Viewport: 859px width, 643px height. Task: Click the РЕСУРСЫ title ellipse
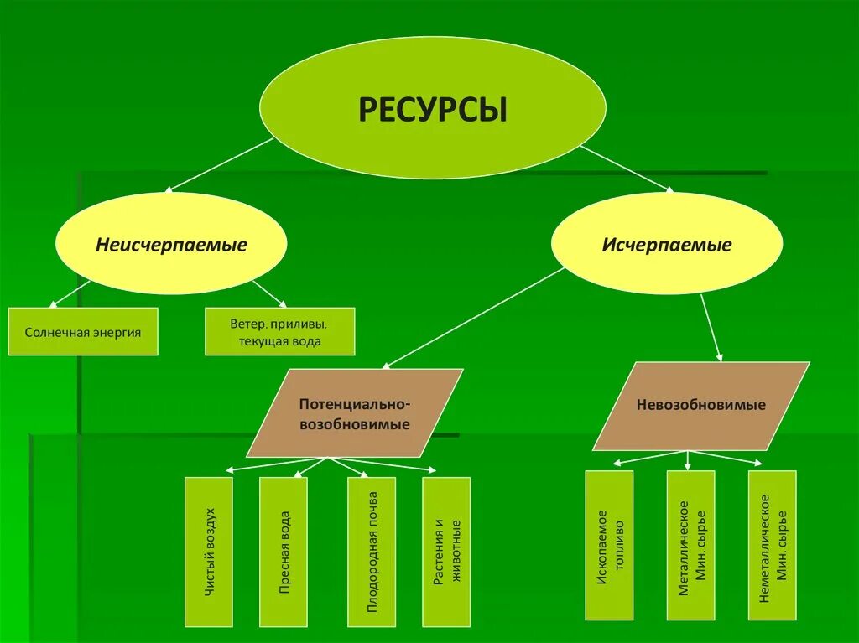coord(432,110)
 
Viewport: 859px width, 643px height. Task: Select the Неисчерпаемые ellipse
coord(171,244)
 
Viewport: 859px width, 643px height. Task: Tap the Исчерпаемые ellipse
coord(667,244)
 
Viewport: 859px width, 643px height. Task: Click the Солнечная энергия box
coord(83,332)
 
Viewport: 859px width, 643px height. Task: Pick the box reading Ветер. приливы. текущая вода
coord(279,332)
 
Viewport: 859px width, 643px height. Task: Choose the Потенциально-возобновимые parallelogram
coord(355,413)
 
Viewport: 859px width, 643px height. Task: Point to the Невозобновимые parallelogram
coord(701,406)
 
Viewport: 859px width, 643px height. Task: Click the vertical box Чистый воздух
coord(209,552)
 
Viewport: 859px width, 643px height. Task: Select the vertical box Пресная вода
coord(284,552)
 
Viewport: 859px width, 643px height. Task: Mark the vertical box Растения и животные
coord(447,552)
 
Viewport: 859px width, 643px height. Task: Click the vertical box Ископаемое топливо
coord(609,545)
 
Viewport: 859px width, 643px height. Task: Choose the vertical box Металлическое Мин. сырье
coord(691,545)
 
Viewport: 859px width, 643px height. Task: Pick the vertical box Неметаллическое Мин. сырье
coord(773,545)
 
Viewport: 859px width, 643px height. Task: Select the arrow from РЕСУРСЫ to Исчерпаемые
coord(627,169)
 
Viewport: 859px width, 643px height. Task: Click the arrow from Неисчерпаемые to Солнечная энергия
coord(70,293)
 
